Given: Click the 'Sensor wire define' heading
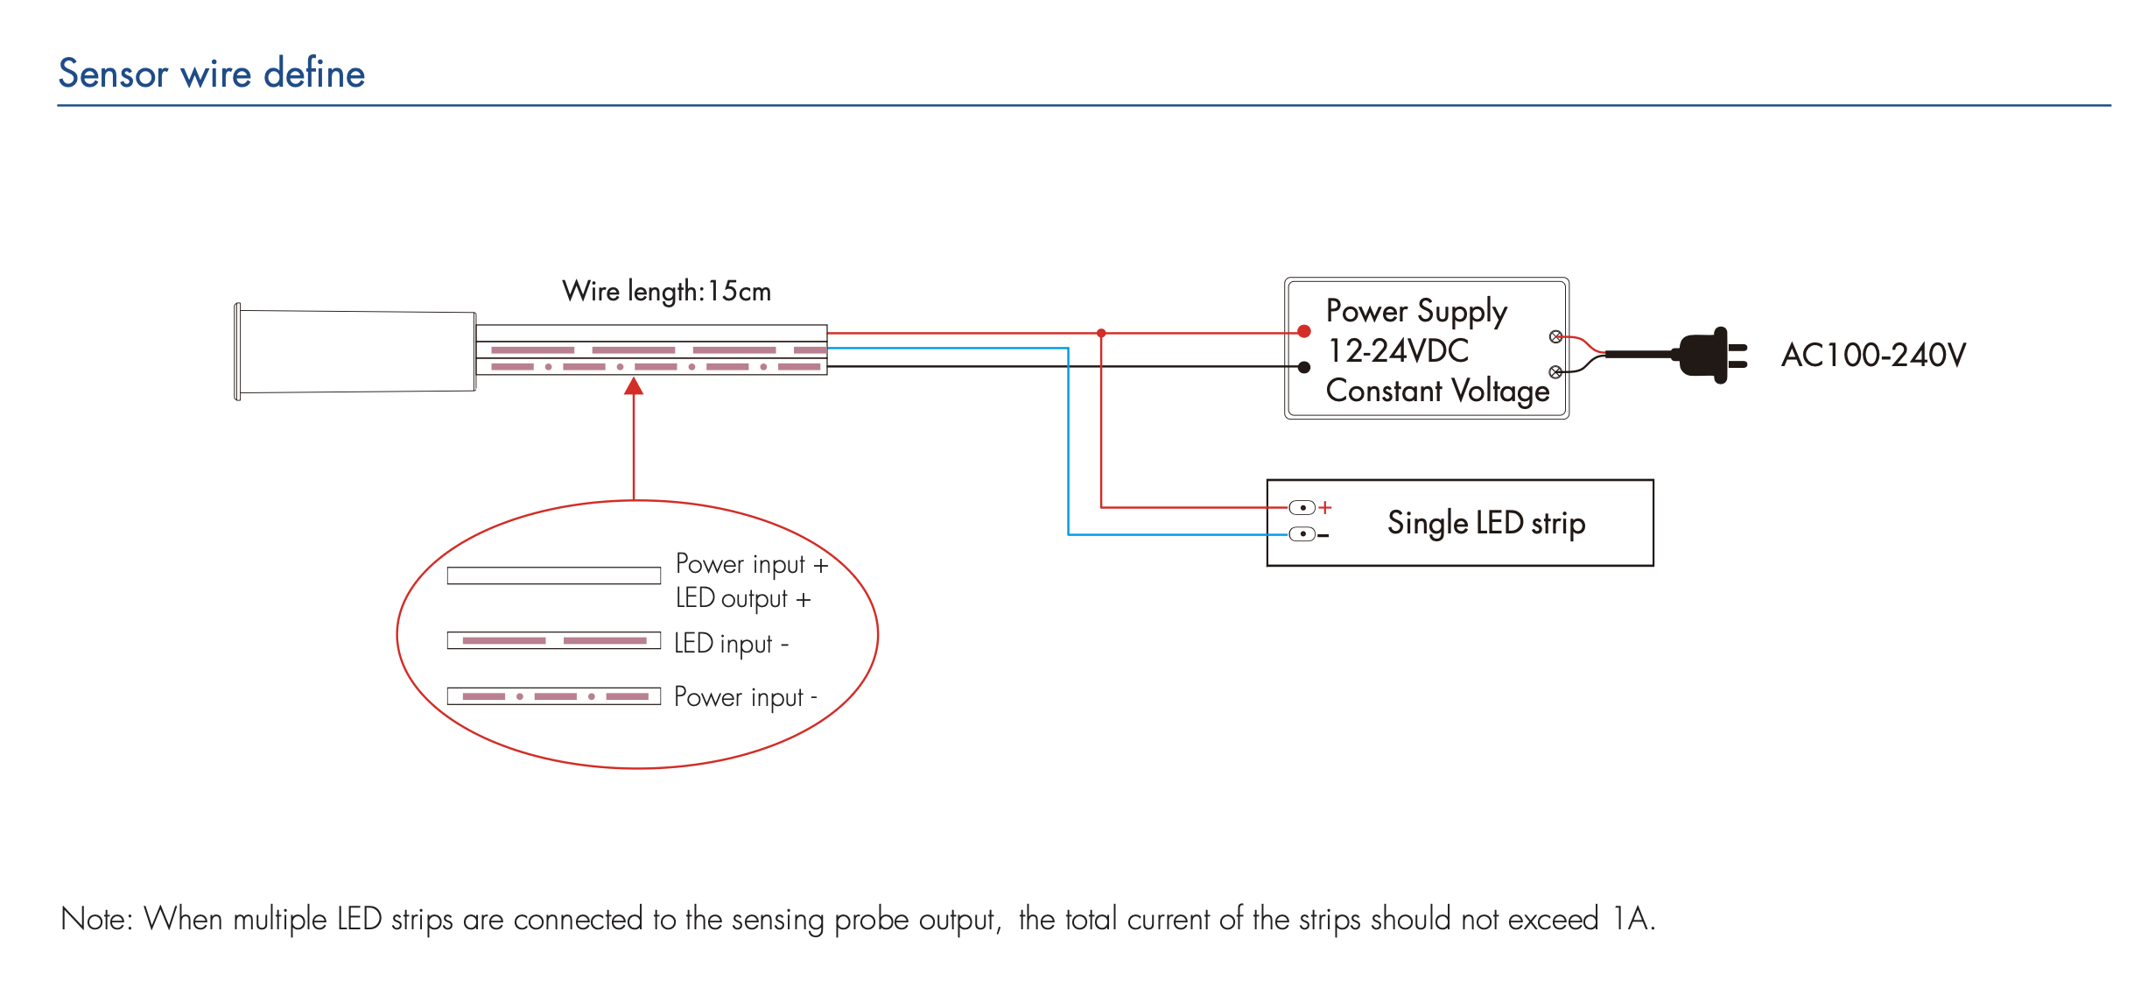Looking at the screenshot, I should pyautogui.click(x=211, y=74).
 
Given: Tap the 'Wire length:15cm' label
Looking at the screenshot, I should pyautogui.click(x=666, y=291).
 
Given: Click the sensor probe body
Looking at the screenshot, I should pyautogui.click(x=357, y=351).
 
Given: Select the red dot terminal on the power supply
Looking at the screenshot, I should pyautogui.click(x=1304, y=331).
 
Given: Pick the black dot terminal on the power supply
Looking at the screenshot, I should pyautogui.click(x=1304, y=367).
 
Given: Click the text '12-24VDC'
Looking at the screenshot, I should pyautogui.click(x=1398, y=351).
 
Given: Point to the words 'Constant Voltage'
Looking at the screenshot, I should pyautogui.click(x=1437, y=391).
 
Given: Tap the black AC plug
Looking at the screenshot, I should pyautogui.click(x=1707, y=355).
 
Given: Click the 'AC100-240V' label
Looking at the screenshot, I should pyautogui.click(x=1873, y=355).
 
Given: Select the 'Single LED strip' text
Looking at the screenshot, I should pyautogui.click(x=1486, y=523).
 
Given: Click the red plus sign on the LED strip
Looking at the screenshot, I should pyautogui.click(x=1325, y=507).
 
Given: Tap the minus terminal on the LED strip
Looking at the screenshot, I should pyautogui.click(x=1303, y=534).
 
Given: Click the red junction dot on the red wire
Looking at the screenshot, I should pyautogui.click(x=1101, y=333).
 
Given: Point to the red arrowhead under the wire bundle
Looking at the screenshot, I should pyautogui.click(x=634, y=386).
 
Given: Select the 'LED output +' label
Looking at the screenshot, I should pyautogui.click(x=743, y=598).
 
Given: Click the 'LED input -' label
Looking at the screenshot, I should pyautogui.click(x=732, y=644).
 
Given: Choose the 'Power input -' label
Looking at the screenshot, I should pyautogui.click(x=746, y=697).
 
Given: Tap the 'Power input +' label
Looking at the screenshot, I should pyautogui.click(x=752, y=564).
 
